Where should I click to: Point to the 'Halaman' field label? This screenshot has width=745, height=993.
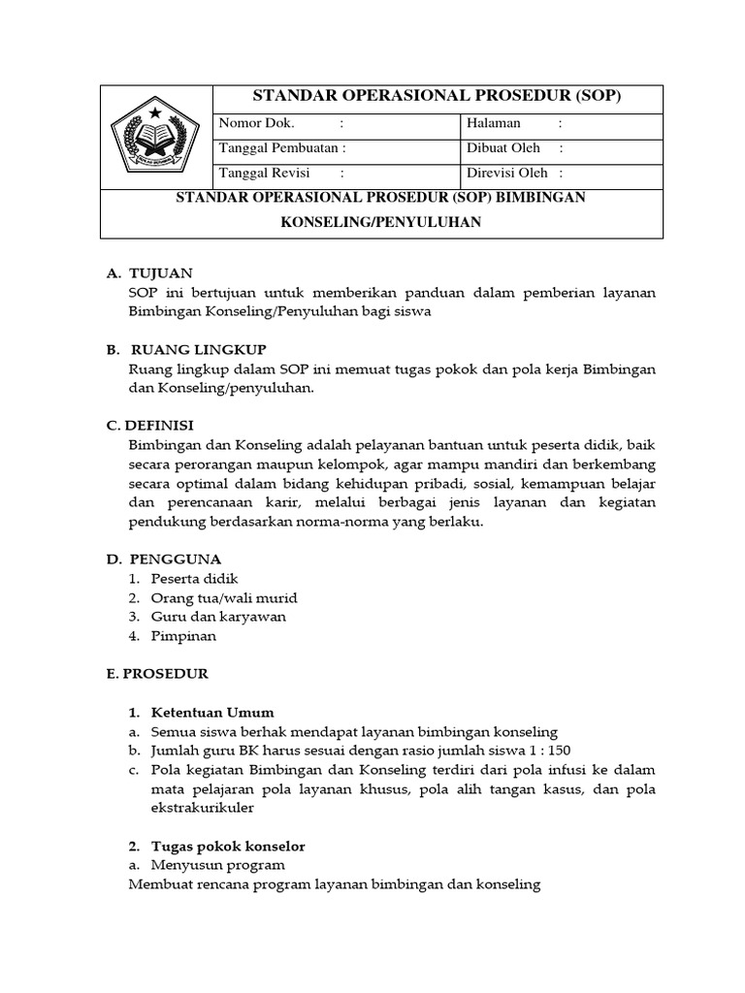(494, 123)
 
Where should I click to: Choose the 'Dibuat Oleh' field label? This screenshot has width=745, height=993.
(503, 148)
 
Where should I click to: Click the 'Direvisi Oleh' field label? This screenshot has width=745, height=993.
(507, 173)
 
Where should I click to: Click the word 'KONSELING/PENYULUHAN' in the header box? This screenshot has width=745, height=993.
(381, 222)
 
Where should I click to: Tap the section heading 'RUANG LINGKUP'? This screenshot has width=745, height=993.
(197, 350)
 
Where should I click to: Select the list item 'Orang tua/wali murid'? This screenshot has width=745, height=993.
(210, 597)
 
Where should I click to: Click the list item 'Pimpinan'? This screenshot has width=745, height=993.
(183, 636)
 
